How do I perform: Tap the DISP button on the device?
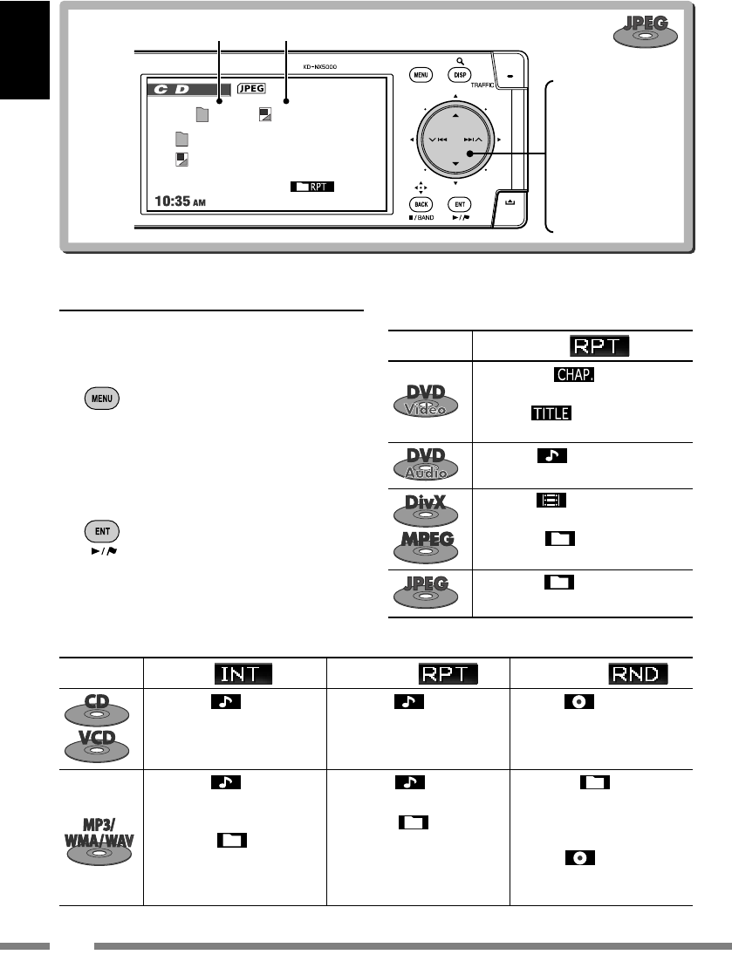pos(460,76)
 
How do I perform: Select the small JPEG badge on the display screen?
pos(251,88)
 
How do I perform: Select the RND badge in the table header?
pos(640,673)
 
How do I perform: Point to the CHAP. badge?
pos(571,374)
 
